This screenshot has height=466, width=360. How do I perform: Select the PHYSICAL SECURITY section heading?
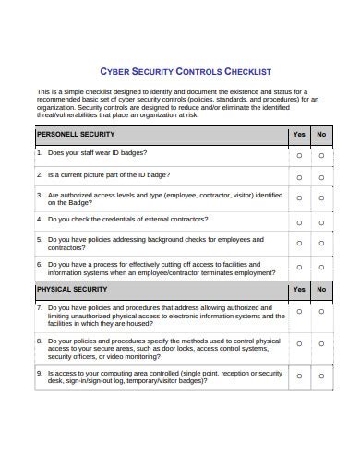click(x=66, y=289)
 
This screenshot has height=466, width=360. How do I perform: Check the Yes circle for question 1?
click(x=298, y=156)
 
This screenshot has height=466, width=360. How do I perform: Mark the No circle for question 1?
click(x=321, y=156)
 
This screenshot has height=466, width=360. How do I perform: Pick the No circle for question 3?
click(x=321, y=200)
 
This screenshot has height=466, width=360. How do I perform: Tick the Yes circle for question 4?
click(x=298, y=222)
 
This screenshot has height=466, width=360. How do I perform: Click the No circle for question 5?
click(x=321, y=244)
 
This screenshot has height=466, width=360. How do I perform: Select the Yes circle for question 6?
click(x=298, y=269)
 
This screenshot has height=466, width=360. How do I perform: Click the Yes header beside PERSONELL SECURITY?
click(x=298, y=134)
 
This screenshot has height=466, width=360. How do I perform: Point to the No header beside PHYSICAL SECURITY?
click(x=321, y=289)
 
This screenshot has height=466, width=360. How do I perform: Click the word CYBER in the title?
click(x=114, y=71)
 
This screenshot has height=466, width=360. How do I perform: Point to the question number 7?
click(x=39, y=307)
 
